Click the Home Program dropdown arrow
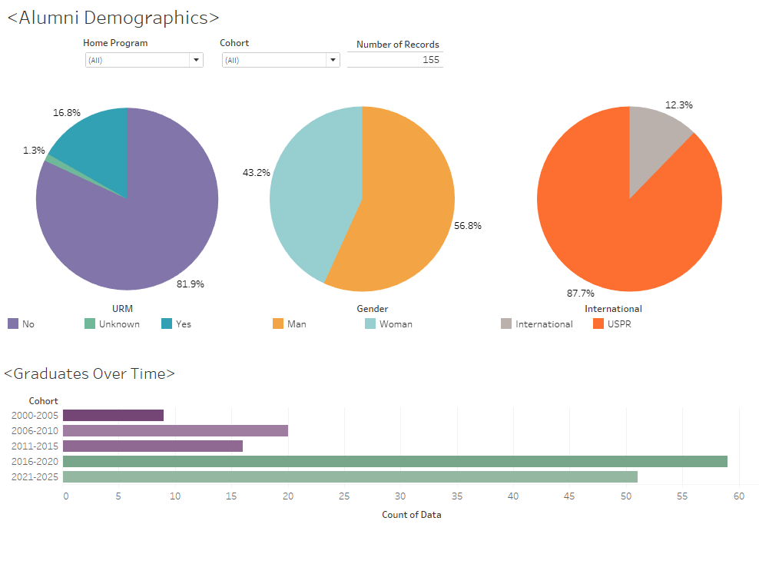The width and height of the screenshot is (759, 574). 196,60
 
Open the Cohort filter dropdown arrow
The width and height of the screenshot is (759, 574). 333,60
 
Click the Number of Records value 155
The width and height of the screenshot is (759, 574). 430,60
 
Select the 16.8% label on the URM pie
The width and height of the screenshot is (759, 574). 67,112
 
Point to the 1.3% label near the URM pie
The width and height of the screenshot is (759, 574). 34,151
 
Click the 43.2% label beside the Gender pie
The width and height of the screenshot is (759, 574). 257,173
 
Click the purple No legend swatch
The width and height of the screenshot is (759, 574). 12,324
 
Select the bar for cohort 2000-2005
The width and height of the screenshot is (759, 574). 113,415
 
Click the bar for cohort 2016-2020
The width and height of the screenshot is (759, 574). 395,461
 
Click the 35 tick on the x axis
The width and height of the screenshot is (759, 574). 457,496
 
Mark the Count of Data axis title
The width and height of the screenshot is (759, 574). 411,515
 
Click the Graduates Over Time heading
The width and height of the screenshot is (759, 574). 89,374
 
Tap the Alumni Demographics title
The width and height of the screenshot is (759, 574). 113,18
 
